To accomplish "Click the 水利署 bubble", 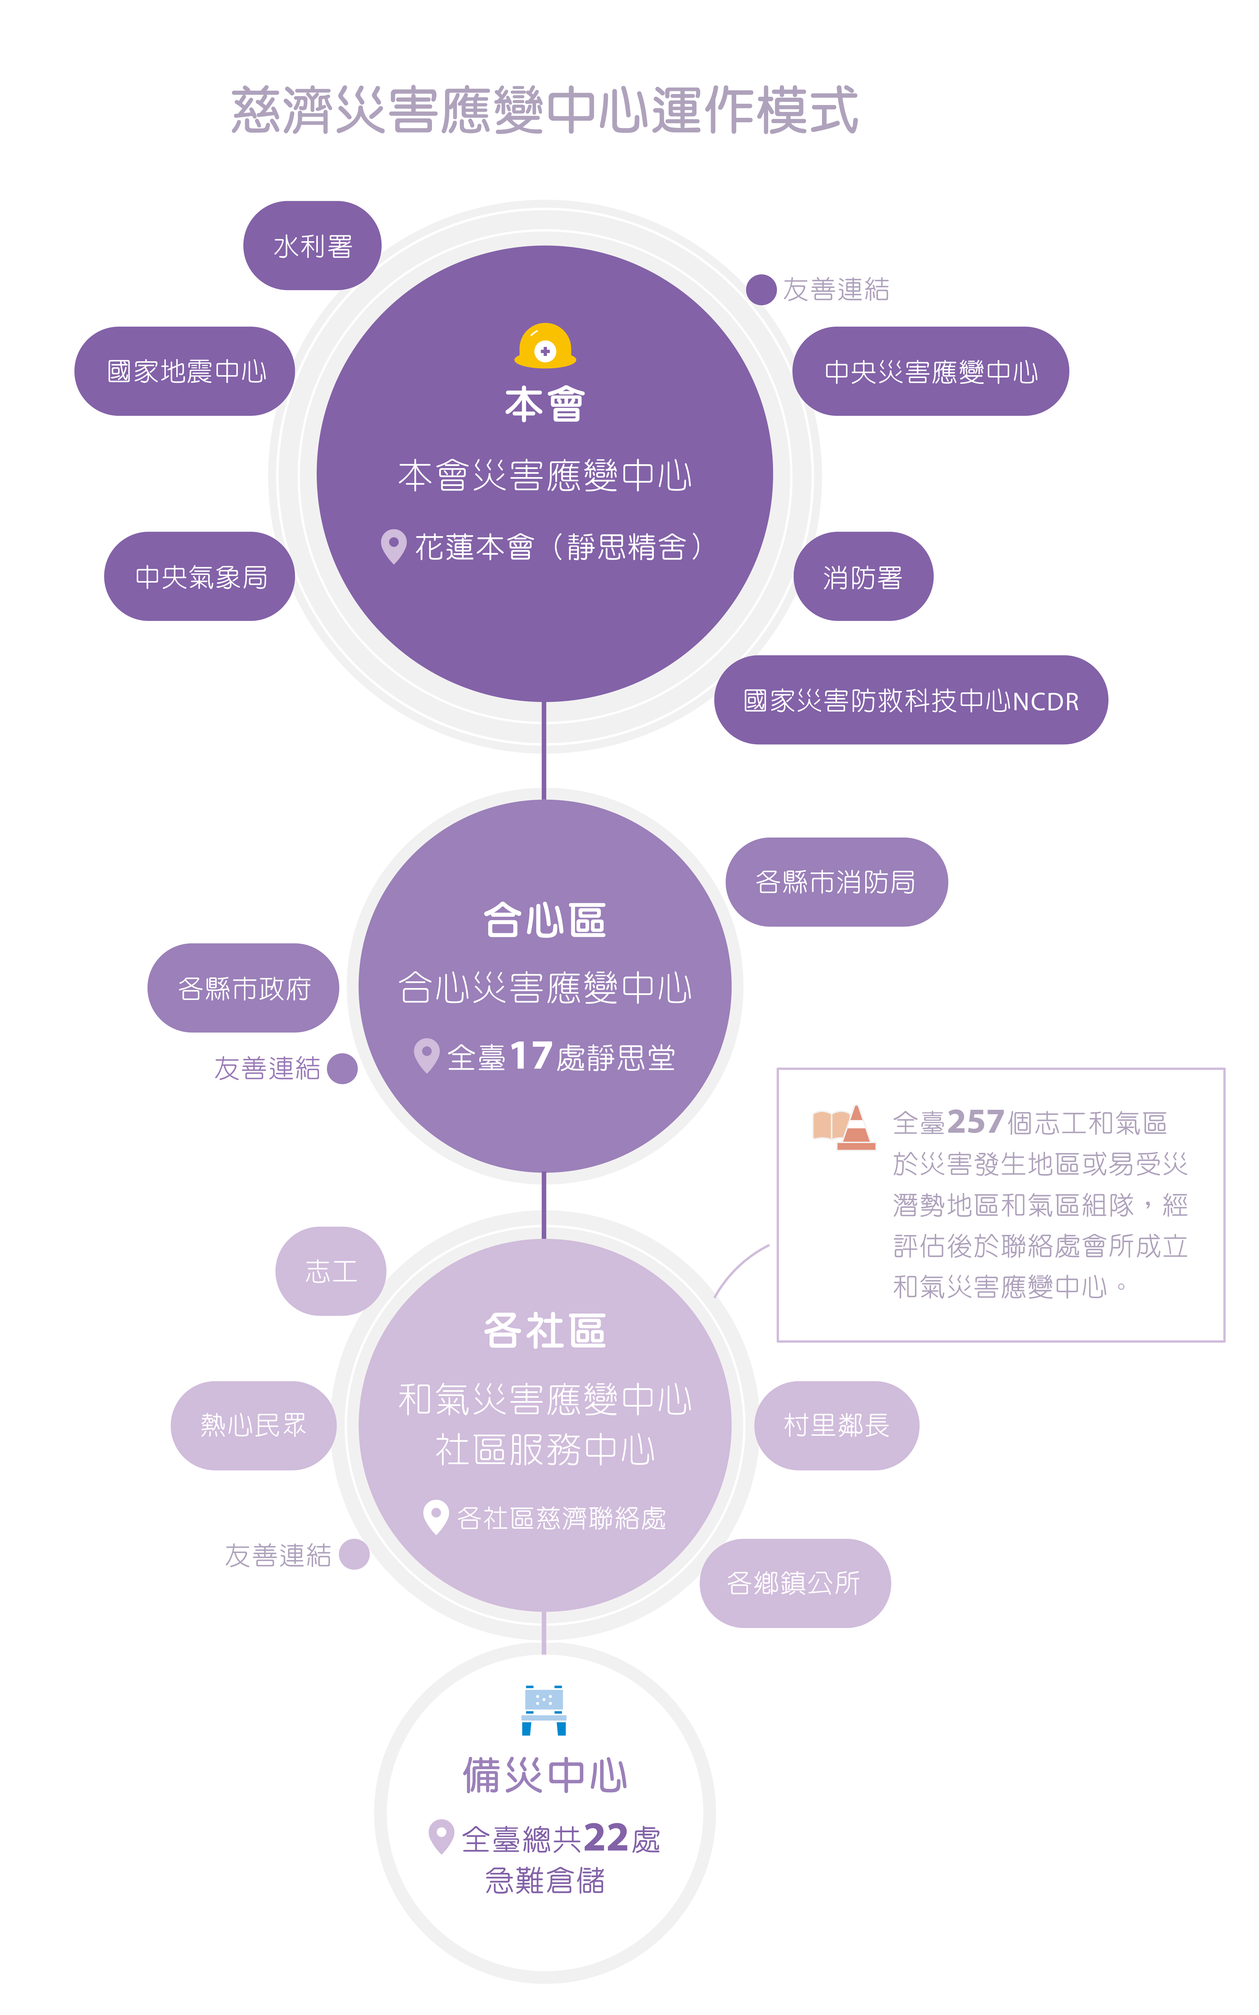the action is pos(312,246).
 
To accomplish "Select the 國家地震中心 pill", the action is pos(185,371).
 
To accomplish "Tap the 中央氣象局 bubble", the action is pos(200,576).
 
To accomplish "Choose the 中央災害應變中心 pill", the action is pos(930,371).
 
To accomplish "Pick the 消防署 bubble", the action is pos(863,576).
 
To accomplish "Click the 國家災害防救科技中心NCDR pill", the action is pos(911,700).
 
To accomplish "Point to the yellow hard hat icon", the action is pos(545,346).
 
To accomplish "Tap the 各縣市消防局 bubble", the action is pos(836,882).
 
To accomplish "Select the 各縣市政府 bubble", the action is pos(243,988).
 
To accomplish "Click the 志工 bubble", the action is pos(331,1272).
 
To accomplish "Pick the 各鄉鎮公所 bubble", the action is pos(794,1583).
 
